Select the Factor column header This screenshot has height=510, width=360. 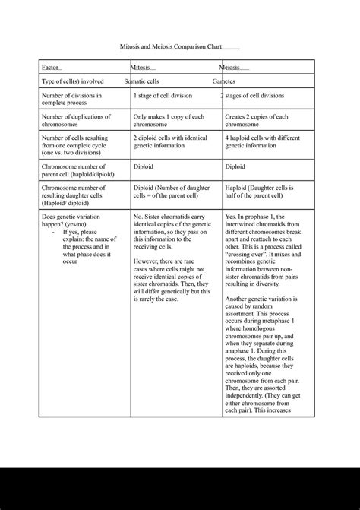[51, 68]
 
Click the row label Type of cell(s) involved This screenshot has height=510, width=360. [72, 81]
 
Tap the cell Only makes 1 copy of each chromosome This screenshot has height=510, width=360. [169, 121]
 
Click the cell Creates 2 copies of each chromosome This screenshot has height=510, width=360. [257, 121]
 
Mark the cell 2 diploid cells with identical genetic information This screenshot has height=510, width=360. [170, 142]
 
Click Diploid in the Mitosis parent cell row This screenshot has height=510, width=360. [144, 165]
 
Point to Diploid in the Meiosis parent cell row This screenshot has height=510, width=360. [234, 165]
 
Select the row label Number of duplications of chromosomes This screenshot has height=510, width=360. [76, 121]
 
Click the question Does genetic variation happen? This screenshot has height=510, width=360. [75, 221]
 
